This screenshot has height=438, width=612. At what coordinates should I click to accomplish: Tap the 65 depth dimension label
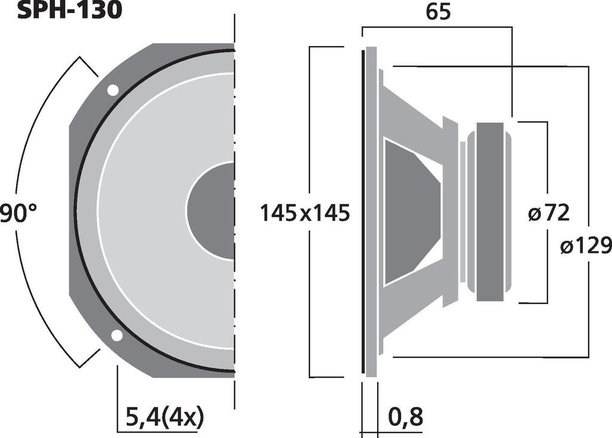pyautogui.click(x=437, y=12)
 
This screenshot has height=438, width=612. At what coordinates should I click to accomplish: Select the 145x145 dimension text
pyautogui.click(x=304, y=213)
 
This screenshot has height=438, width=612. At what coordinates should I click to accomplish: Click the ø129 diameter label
pyautogui.click(x=586, y=246)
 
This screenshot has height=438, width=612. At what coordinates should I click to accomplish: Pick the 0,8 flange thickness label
pyautogui.click(x=406, y=416)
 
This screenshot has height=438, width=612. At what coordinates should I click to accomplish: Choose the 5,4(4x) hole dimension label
pyautogui.click(x=166, y=416)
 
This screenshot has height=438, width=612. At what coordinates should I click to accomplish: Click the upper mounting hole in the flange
pyautogui.click(x=112, y=90)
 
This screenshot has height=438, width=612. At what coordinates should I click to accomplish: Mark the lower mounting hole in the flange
pyautogui.click(x=117, y=335)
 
